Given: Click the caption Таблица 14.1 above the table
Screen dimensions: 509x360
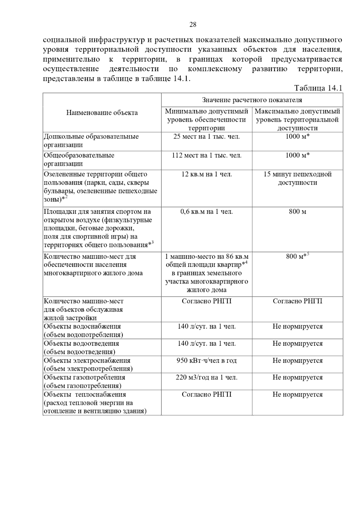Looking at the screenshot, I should [x=318, y=88].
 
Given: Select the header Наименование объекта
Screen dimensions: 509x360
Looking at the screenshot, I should [x=102, y=113].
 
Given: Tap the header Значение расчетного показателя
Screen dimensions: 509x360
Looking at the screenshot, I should [x=252, y=100].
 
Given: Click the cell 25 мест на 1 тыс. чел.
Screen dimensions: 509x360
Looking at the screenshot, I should [x=207, y=137].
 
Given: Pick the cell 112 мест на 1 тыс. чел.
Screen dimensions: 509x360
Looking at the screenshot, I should [x=207, y=155].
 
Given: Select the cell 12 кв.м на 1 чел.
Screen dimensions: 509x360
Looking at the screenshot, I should [x=207, y=174].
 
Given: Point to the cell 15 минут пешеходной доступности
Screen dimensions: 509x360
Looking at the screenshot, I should [x=297, y=178].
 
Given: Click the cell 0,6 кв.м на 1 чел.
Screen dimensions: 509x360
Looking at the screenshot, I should [x=207, y=212].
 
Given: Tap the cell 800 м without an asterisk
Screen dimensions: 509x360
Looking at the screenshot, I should [x=297, y=212].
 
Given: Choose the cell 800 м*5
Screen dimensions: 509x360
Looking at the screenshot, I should [x=297, y=256].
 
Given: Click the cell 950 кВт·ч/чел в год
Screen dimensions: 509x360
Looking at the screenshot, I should [x=207, y=361].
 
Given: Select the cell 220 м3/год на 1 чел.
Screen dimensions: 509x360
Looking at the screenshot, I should [x=207, y=377].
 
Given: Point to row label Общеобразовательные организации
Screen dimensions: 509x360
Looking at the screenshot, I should [x=79, y=159].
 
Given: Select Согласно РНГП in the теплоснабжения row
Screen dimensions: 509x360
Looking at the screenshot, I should [x=207, y=394].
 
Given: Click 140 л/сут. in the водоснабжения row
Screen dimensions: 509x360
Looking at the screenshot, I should [x=207, y=326].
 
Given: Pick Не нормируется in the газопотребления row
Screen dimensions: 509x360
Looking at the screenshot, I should [x=297, y=377].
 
